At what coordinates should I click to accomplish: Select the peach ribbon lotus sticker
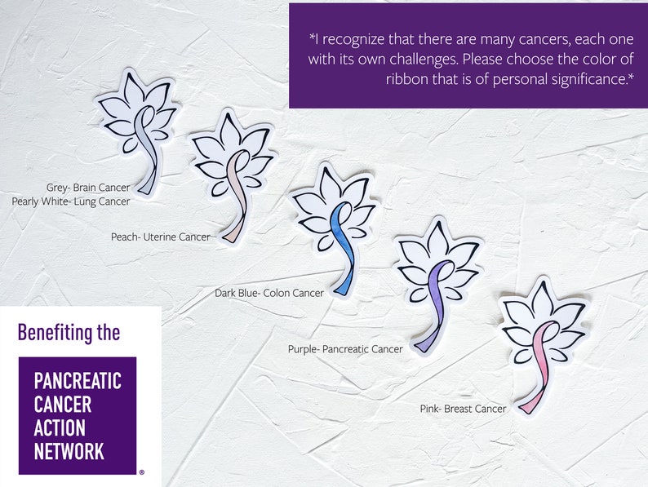coord(231,171)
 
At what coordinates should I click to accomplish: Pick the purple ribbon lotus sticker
coord(436,277)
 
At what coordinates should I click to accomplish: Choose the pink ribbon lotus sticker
coord(540,334)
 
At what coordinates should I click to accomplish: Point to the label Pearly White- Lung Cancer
coord(71,201)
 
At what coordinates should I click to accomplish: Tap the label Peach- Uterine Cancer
coord(161,237)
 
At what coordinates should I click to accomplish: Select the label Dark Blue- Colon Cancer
coord(269,293)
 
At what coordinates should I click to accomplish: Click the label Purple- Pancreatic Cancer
coord(345,349)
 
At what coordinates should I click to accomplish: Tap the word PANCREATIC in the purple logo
coord(78,380)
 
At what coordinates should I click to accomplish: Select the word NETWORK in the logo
coord(69,451)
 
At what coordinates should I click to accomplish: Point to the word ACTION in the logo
coord(60,427)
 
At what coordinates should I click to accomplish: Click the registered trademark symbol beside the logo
coord(142,472)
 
